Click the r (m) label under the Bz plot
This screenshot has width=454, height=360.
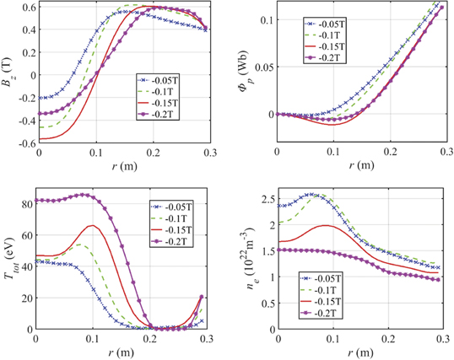point(122,166)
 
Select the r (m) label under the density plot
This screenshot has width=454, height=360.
point(364,351)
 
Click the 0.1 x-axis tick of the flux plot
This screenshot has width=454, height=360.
point(336,154)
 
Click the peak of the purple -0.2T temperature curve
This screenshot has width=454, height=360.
point(83,195)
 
